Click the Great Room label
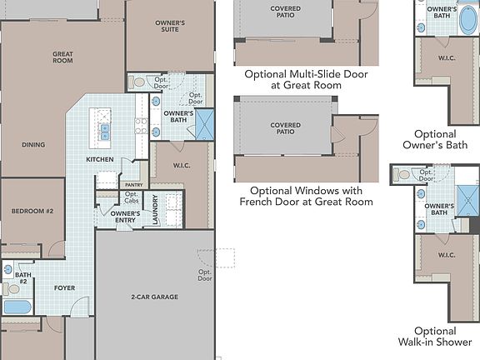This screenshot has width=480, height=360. point(62,57)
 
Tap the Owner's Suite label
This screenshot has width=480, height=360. point(170,27)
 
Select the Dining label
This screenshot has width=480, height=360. point(33,144)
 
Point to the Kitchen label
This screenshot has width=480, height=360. point(100,159)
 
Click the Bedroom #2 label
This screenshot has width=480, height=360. point(32,211)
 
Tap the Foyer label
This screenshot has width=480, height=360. point(65,287)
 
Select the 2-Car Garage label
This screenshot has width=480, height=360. point(155,297)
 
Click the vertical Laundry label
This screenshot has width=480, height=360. point(155,209)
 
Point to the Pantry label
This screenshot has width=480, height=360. point(134,185)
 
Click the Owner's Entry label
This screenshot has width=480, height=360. point(125,217)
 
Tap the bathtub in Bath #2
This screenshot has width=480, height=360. point(17,307)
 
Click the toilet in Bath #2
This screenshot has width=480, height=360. point(11,288)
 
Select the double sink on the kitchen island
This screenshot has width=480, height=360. point(105,132)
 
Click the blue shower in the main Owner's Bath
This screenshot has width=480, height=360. point(204,124)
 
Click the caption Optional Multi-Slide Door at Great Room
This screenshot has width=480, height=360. point(306,79)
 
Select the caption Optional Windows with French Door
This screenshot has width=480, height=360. point(306,196)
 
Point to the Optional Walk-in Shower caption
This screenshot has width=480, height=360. point(435,336)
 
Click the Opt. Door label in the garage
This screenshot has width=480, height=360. point(205,275)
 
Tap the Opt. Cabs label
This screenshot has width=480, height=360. point(132,197)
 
